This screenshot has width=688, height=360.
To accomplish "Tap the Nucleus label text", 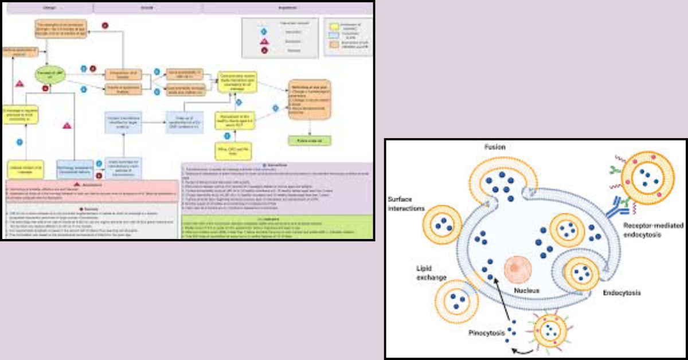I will coord(526,290).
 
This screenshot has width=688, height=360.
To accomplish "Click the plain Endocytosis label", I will coord(621,293).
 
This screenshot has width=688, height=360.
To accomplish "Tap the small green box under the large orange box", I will coord(309,139).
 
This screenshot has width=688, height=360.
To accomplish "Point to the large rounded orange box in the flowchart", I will coord(309,99).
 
